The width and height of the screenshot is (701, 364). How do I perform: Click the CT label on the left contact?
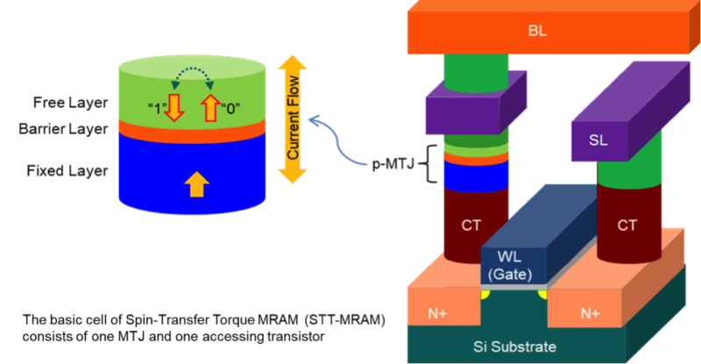pos(471,225)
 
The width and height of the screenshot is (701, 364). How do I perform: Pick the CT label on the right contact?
pos(626,225)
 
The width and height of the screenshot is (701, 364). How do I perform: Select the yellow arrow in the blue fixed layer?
pos(197,183)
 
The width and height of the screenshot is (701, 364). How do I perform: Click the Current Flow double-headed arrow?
pos(292,118)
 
